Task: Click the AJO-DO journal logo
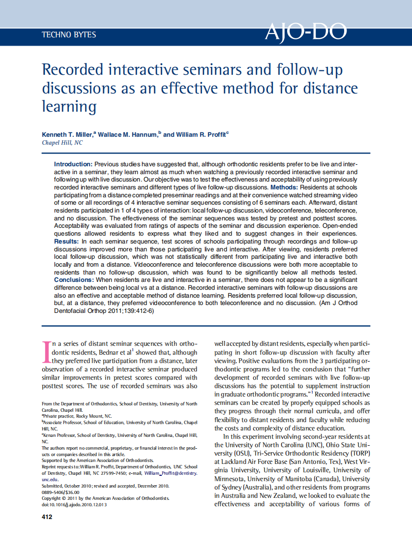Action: click(306, 32)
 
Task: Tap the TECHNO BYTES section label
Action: click(69, 35)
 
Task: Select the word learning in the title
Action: click(69, 106)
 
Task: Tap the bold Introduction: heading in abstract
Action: click(73, 164)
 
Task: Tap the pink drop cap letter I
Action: click(47, 351)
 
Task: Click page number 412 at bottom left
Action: click(47, 517)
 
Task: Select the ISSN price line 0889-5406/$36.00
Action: click(60, 491)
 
